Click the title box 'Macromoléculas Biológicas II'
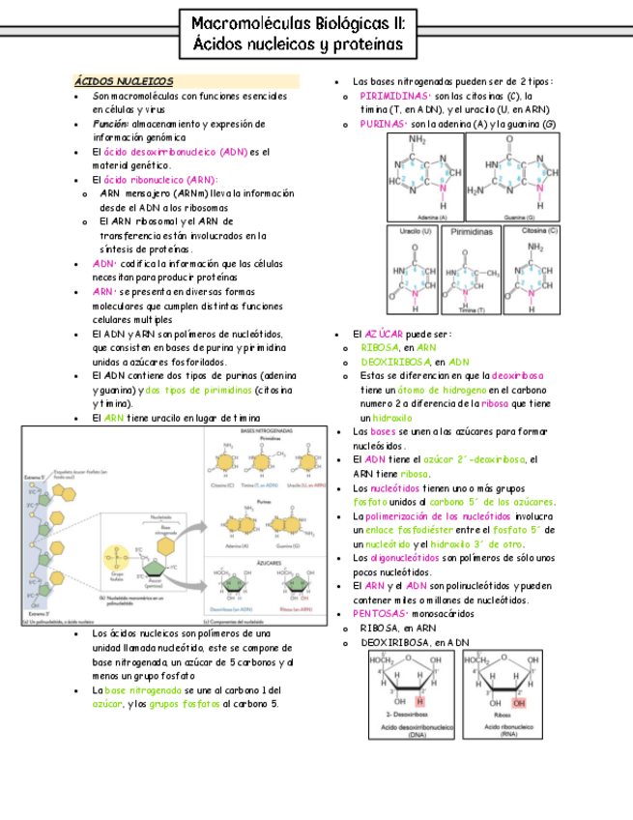point(299,35)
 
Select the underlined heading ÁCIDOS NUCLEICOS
point(125,82)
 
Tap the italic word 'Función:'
point(111,124)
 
